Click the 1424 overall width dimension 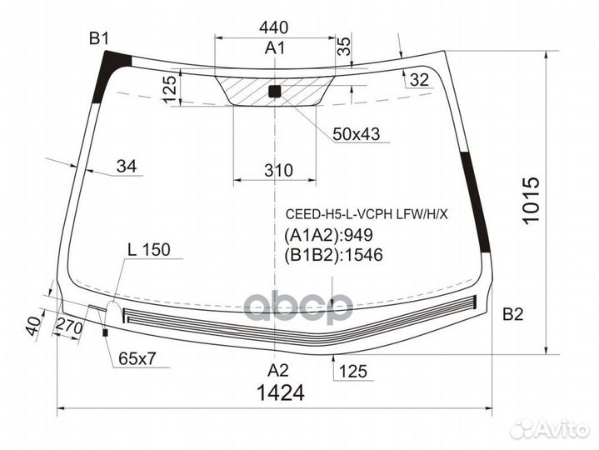[276, 392]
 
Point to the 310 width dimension [278, 170]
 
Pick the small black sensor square [275, 92]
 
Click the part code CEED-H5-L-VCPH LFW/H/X [366, 214]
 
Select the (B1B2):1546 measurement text [333, 256]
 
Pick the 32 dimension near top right [419, 80]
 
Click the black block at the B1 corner [116, 62]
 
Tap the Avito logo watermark [550, 427]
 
